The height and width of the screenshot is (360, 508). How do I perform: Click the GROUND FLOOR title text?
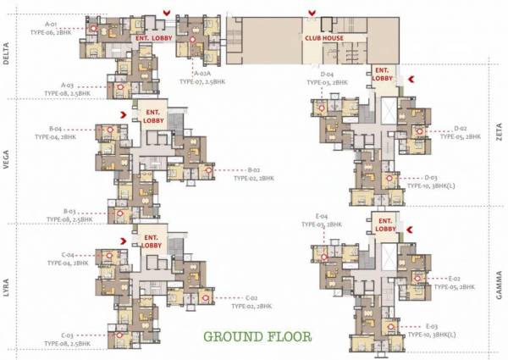tap(257, 335)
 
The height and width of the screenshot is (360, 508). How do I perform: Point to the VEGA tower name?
tap(7, 159)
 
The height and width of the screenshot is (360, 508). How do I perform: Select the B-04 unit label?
tap(57, 129)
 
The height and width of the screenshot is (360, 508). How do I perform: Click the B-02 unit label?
tap(253, 170)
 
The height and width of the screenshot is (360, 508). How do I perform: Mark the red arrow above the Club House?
tap(312, 12)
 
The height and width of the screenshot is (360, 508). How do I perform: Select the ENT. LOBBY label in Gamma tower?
tap(385, 225)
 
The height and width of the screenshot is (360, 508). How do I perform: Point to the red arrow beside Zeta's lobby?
tap(411, 78)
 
